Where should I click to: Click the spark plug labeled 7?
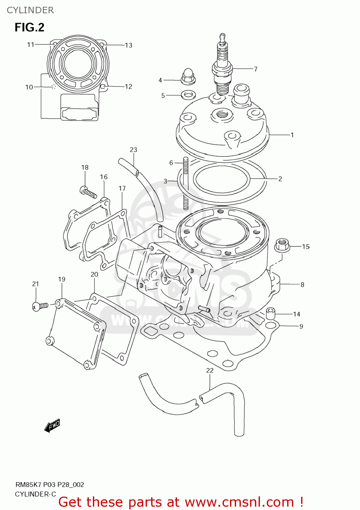pyautogui.click(x=223, y=68)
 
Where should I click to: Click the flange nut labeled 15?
pyautogui.click(x=282, y=245)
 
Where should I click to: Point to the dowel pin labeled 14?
pyautogui.click(x=271, y=313)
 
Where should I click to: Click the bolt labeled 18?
pyautogui.click(x=88, y=192)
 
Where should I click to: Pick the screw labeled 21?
pyautogui.click(x=40, y=306)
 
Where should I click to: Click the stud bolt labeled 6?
pyautogui.click(x=186, y=184)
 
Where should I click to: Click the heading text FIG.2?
pyautogui.click(x=29, y=27)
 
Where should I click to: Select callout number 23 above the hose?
pyautogui.click(x=133, y=150)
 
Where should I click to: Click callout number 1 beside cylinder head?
pyautogui.click(x=292, y=135)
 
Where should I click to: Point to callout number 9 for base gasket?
pyautogui.click(x=301, y=326)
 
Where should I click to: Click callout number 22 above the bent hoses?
pyautogui.click(x=210, y=370)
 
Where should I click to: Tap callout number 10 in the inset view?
pyautogui.click(x=29, y=87)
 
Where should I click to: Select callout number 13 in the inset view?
pyautogui.click(x=128, y=45)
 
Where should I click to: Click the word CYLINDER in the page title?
pyautogui.click(x=30, y=10)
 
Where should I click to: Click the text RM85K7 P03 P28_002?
pyautogui.click(x=50, y=485)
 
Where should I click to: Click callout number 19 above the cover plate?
pyautogui.click(x=62, y=279)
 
